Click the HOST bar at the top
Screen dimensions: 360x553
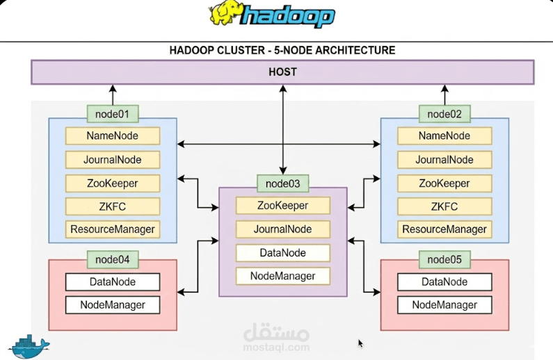tap(282, 72)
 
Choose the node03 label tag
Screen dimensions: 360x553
tap(283, 183)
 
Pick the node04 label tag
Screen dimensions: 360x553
tap(112, 260)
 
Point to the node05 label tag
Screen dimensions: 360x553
tap(444, 260)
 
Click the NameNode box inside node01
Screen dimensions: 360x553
tap(113, 136)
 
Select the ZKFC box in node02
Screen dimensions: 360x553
tap(444, 206)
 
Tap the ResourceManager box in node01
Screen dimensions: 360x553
tap(113, 229)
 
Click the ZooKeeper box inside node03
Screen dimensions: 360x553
tap(282, 206)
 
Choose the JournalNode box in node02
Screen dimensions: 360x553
tap(444, 160)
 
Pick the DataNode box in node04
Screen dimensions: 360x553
tap(113, 282)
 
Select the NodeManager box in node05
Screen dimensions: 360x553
tap(444, 305)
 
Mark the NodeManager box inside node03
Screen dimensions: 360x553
tap(282, 276)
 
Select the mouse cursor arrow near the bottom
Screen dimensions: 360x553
tap(360, 343)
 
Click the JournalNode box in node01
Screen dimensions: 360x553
tap(113, 160)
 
